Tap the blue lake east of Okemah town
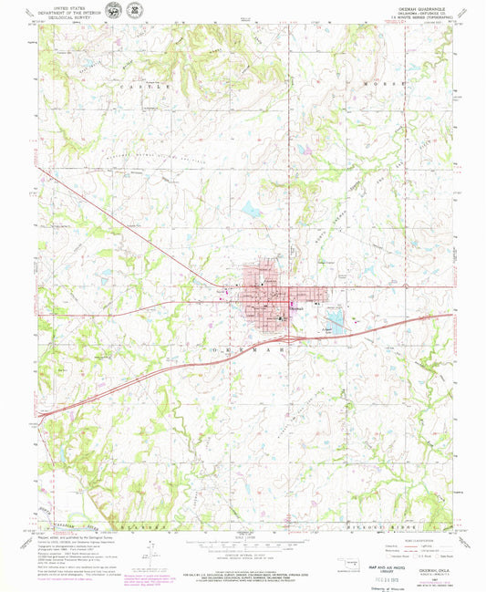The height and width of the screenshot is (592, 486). (x=335, y=322)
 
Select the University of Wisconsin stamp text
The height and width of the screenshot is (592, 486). (x=360, y=587)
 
